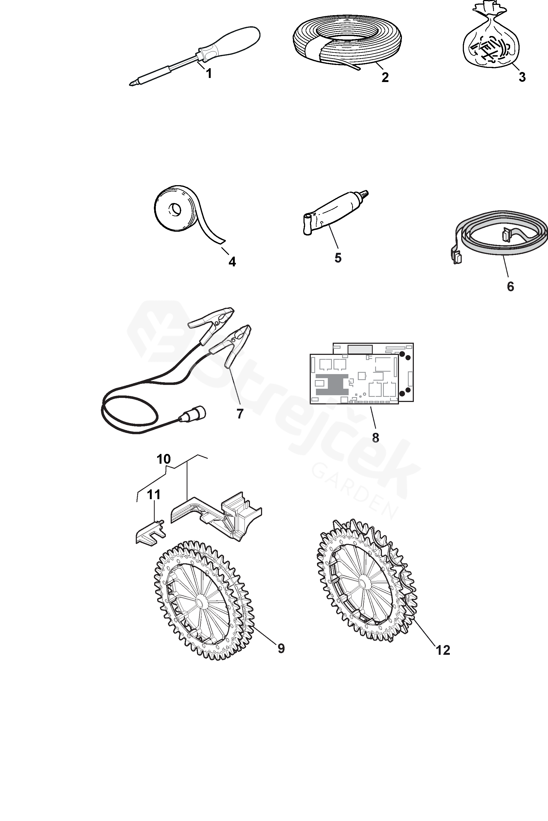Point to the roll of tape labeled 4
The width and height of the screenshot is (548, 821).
coord(175,210)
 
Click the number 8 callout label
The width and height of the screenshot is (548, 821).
coord(375,437)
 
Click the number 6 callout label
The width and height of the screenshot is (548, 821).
coord(510,287)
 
